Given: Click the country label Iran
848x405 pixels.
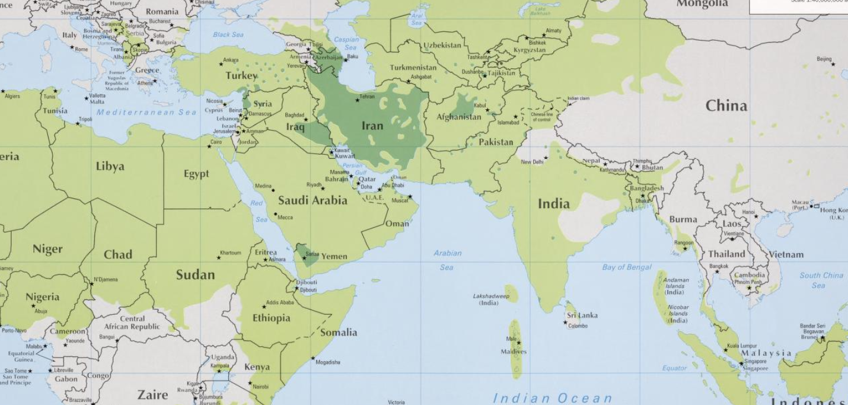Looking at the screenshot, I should (372, 126).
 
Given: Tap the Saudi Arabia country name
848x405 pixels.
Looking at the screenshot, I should (313, 200).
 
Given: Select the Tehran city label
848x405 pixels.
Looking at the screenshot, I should (368, 96).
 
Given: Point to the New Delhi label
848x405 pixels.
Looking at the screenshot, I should (532, 162).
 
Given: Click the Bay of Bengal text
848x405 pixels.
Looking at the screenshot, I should (627, 267).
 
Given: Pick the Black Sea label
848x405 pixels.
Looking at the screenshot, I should (228, 34).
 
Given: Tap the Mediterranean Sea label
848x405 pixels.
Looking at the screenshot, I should (146, 112).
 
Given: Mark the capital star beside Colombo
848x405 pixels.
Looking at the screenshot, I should (565, 323).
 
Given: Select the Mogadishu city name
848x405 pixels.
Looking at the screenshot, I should (328, 362).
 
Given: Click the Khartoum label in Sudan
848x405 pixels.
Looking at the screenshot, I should (230, 253).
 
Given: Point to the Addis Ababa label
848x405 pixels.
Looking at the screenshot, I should (280, 302).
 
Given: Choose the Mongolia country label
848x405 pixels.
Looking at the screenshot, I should (702, 4).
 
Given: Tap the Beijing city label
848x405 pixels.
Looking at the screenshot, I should (824, 59).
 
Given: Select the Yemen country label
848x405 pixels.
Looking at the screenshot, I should (334, 257).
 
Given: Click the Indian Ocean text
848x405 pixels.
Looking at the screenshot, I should (552, 398).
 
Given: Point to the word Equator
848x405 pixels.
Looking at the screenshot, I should (674, 368).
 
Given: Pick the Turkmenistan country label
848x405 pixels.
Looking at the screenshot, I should (413, 68).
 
